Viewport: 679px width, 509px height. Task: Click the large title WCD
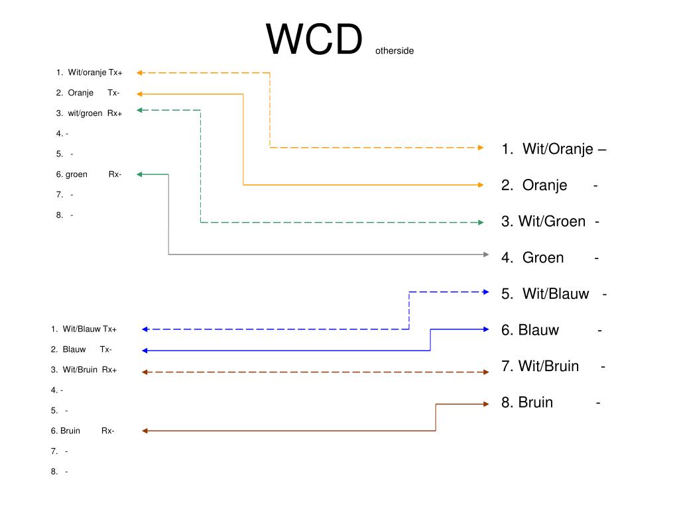tap(315, 40)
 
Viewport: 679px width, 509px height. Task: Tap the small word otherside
tap(394, 50)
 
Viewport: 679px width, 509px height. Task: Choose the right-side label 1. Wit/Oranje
tap(554, 149)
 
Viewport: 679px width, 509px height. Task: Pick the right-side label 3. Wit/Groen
tap(550, 221)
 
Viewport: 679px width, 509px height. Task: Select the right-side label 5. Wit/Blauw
tap(554, 294)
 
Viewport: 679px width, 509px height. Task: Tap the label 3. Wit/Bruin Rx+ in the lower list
tap(84, 370)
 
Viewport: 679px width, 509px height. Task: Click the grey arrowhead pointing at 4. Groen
tap(486, 254)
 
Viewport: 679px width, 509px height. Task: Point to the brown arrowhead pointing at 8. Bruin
tap(485, 404)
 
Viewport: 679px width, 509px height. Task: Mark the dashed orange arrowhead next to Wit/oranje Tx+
tap(141, 72)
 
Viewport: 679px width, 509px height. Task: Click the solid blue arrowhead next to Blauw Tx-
tap(145, 351)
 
